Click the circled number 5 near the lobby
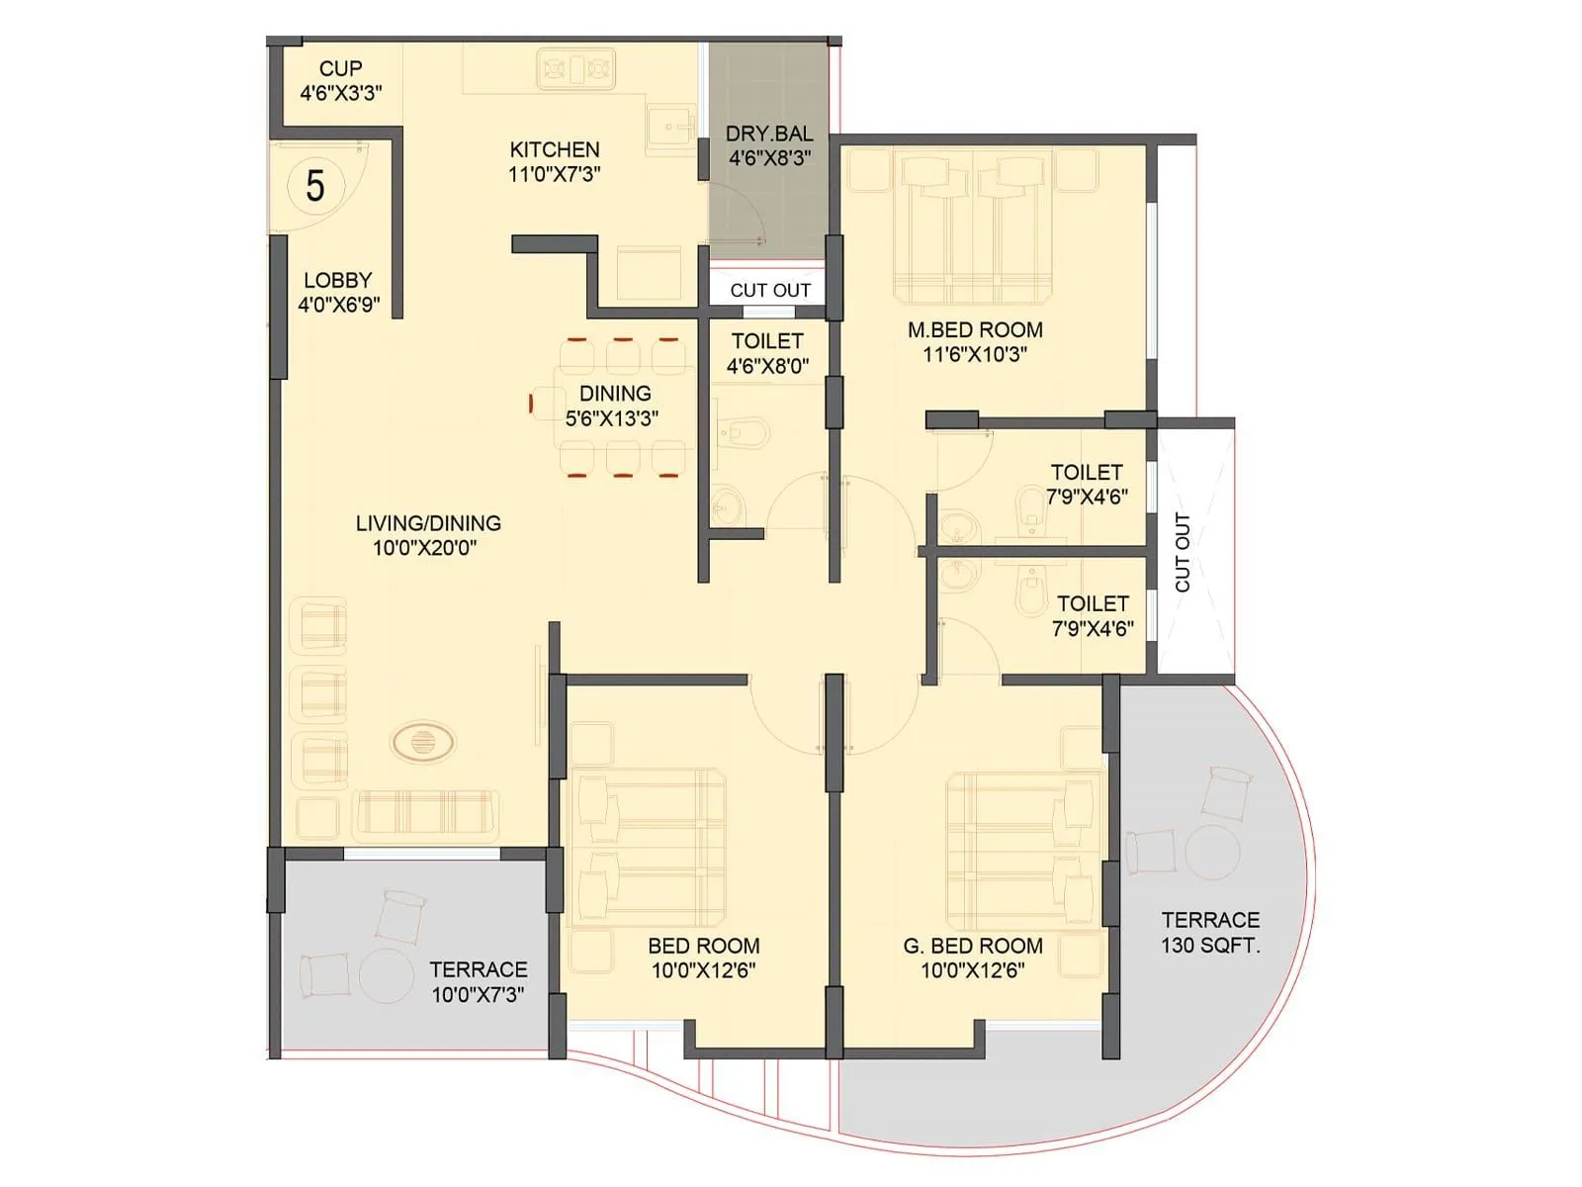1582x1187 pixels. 314,186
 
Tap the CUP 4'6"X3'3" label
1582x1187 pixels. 341,81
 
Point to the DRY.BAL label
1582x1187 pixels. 769,145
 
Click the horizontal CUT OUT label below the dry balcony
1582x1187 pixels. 770,291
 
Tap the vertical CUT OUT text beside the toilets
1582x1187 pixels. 1183,552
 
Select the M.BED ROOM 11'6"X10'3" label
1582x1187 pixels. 975,342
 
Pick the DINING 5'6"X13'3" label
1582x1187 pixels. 614,406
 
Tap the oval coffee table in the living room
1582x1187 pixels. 423,742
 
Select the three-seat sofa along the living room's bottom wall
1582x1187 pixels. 425,814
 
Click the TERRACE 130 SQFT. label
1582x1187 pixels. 1210,933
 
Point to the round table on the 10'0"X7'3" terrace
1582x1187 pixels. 386,976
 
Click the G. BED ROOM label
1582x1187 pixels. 973,958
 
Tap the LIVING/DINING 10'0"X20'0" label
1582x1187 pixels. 427,535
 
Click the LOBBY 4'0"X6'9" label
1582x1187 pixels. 338,292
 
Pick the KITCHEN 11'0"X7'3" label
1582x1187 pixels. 554,161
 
